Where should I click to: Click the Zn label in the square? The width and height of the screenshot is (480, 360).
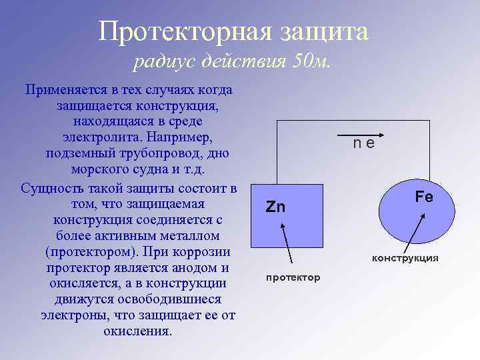pyautogui.click(x=275, y=207)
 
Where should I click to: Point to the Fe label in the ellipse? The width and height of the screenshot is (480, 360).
pyautogui.click(x=424, y=197)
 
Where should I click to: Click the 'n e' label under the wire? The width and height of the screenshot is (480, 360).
pyautogui.click(x=364, y=142)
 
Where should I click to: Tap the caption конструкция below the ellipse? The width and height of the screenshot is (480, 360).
pyautogui.click(x=405, y=258)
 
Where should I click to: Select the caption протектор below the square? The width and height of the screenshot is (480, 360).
pyautogui.click(x=293, y=277)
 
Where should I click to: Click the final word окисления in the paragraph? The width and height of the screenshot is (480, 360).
pyautogui.click(x=137, y=331)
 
